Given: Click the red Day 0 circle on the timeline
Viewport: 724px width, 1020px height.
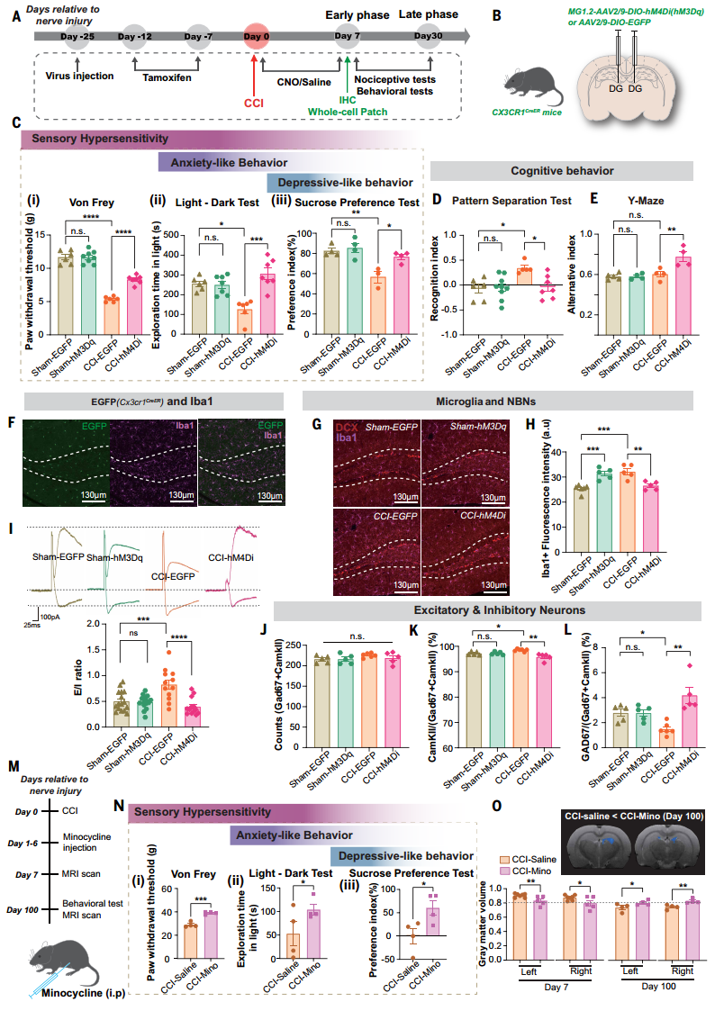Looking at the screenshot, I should click(256, 36).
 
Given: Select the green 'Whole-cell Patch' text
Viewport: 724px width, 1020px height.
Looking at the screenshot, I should click(347, 111).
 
